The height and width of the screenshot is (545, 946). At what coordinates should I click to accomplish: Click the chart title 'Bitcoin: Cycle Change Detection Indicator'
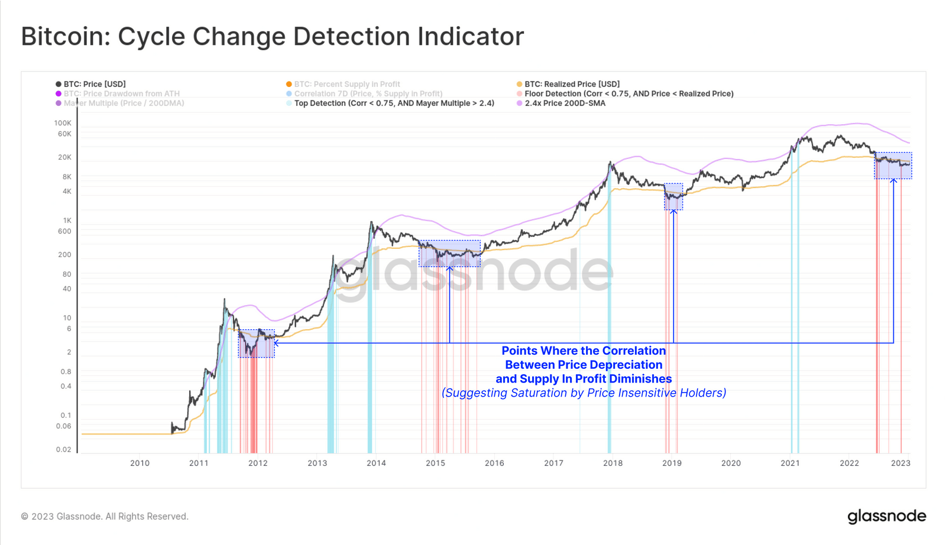[272, 37]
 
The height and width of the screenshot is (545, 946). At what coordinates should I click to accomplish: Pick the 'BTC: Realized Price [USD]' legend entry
[572, 84]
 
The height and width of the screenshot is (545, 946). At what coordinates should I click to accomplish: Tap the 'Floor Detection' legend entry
[628, 93]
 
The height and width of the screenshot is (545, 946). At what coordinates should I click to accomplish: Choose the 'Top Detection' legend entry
[394, 103]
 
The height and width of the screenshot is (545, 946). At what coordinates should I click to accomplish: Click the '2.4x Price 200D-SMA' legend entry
[565, 103]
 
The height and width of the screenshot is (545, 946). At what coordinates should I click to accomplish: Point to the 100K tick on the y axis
[63, 123]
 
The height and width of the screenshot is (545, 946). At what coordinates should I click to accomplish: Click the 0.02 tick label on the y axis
[63, 449]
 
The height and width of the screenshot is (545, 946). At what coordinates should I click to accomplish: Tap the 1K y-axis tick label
[67, 220]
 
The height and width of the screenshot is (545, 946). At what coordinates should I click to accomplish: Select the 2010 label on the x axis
[140, 463]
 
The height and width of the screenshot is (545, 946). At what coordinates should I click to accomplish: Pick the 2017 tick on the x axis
[553, 463]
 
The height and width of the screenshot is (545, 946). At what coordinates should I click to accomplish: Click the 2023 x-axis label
[900, 463]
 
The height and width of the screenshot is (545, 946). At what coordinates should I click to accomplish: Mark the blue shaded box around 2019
[673, 197]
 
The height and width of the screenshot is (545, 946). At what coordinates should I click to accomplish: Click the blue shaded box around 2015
[449, 254]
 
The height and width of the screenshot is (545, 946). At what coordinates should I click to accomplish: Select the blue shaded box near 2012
[256, 343]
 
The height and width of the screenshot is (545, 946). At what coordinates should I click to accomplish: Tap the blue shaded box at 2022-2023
[893, 166]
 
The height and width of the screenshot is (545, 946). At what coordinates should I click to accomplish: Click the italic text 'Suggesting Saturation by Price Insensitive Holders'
[584, 393]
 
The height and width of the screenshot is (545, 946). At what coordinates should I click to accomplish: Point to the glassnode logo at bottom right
[886, 516]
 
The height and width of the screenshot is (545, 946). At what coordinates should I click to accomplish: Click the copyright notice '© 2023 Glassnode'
[105, 516]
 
